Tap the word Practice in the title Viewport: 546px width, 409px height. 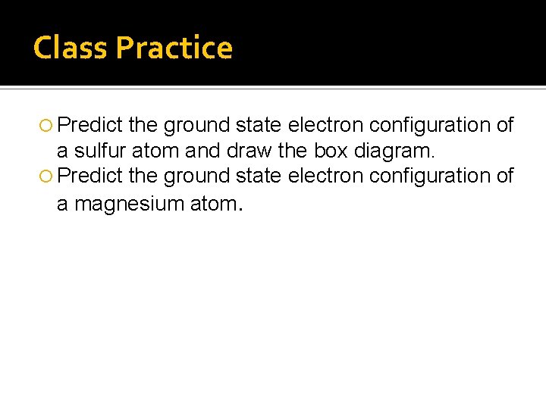(x=174, y=48)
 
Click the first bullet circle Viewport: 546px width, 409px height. (x=48, y=125)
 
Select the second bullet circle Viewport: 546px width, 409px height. (x=48, y=176)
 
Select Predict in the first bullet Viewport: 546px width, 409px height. (x=89, y=124)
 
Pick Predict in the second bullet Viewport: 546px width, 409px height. (x=89, y=176)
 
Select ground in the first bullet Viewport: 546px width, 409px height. (x=196, y=124)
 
